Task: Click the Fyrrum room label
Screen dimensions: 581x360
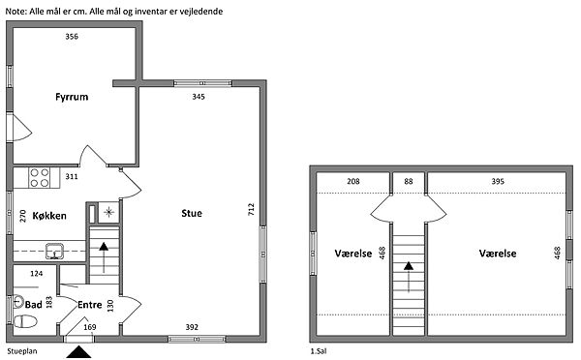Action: [x=72, y=97]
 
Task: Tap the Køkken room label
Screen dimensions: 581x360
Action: [x=49, y=216]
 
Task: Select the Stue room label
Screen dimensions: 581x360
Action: [x=192, y=213]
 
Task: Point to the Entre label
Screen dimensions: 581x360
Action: [x=90, y=305]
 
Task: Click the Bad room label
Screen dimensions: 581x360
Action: [x=33, y=305]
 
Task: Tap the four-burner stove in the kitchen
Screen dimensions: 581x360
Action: [x=40, y=177]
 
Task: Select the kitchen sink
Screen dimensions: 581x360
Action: [x=54, y=251]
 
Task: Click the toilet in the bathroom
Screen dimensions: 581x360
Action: [x=25, y=321]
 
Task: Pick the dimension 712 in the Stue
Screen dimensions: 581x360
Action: [x=251, y=209]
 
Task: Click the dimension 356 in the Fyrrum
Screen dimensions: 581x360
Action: [x=72, y=37]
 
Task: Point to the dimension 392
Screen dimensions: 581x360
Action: [x=192, y=327]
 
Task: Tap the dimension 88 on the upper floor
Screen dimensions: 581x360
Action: [x=409, y=181]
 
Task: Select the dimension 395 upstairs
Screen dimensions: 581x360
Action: [x=498, y=181]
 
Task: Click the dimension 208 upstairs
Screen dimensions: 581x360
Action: [x=353, y=181]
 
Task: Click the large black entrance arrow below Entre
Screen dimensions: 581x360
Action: [x=78, y=352]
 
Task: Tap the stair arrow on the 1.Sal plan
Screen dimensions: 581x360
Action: [x=409, y=277]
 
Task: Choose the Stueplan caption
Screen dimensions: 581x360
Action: [x=22, y=351]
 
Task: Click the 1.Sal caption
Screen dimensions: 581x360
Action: [x=319, y=351]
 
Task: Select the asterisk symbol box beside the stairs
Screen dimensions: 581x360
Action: [x=108, y=212]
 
